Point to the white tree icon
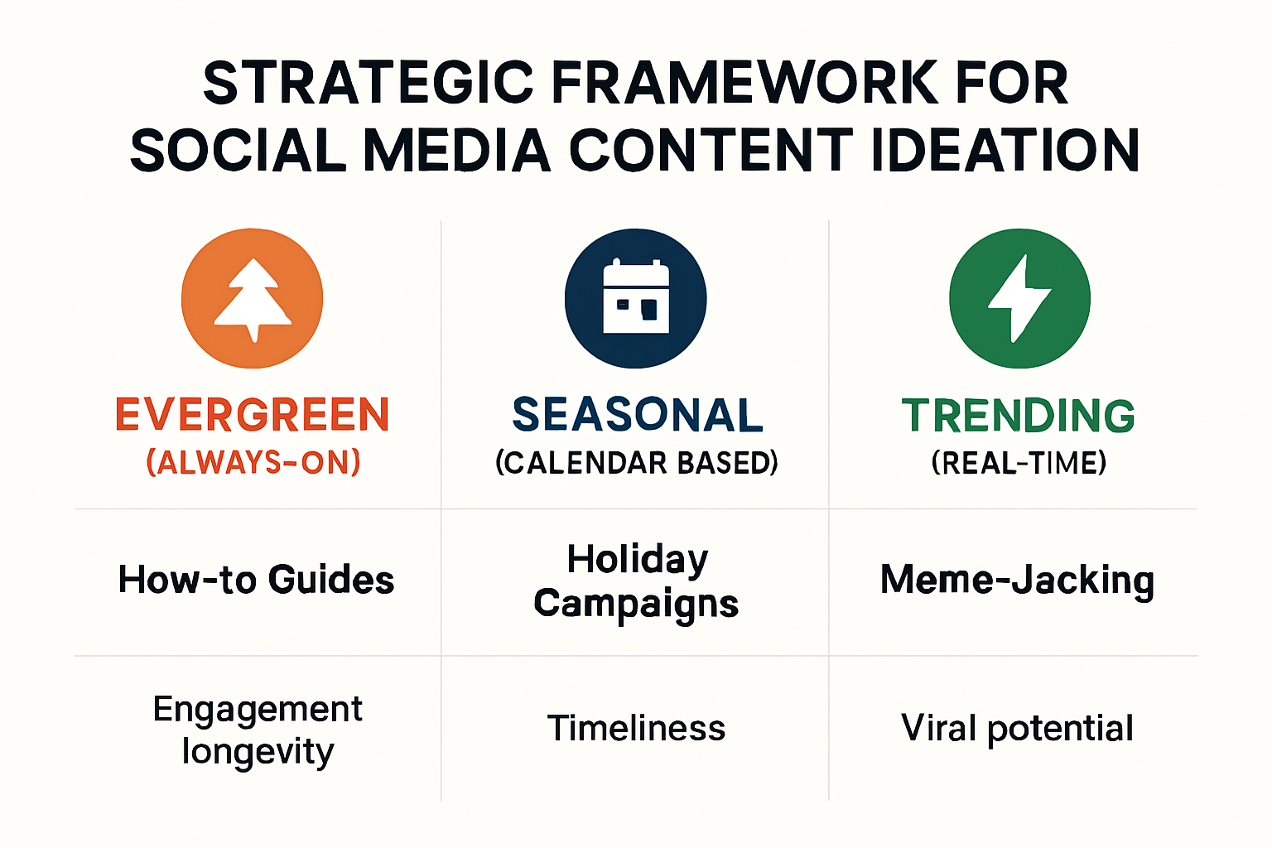point(253,299)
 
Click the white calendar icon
point(636,298)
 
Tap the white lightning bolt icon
point(1019,298)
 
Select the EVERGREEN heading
point(253,415)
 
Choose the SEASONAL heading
point(637,415)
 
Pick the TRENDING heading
point(1019,416)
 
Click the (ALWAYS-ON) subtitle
point(253,462)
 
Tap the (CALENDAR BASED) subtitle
point(637,462)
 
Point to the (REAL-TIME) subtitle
point(1019,462)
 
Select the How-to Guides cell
point(256,580)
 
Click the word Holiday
point(637,559)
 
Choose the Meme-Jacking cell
point(1017,580)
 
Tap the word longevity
point(258,752)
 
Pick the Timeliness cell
point(636,729)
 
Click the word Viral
point(939,729)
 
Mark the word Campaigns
point(636,604)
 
